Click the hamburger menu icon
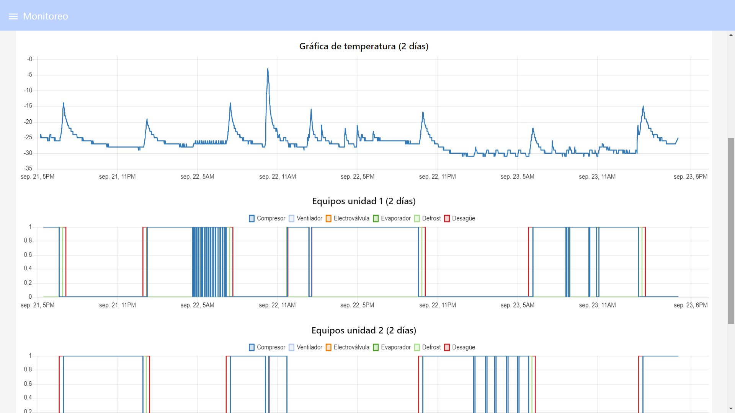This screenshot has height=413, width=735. click(13, 16)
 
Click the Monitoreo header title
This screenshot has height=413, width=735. click(46, 16)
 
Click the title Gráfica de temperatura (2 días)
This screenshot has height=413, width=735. click(364, 46)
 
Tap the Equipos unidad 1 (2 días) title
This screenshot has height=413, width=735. click(364, 201)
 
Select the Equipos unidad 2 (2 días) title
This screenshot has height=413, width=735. click(364, 330)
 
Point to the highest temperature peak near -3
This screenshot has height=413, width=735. click(268, 69)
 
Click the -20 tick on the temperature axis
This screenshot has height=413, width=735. click(28, 122)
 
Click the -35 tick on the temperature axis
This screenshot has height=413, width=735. click(28, 168)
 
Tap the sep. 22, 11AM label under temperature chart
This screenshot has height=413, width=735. click(278, 177)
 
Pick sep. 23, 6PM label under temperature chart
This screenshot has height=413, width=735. click(691, 177)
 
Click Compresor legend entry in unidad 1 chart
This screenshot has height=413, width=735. click(267, 218)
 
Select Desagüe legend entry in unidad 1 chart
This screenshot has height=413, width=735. click(460, 218)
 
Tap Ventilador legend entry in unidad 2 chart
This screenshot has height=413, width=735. click(305, 347)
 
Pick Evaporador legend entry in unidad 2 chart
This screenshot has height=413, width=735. click(392, 347)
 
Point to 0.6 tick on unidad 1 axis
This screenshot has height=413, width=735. click(28, 255)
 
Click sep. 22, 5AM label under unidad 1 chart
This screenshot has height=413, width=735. click(198, 305)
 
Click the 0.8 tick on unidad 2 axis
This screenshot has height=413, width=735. click(28, 369)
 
